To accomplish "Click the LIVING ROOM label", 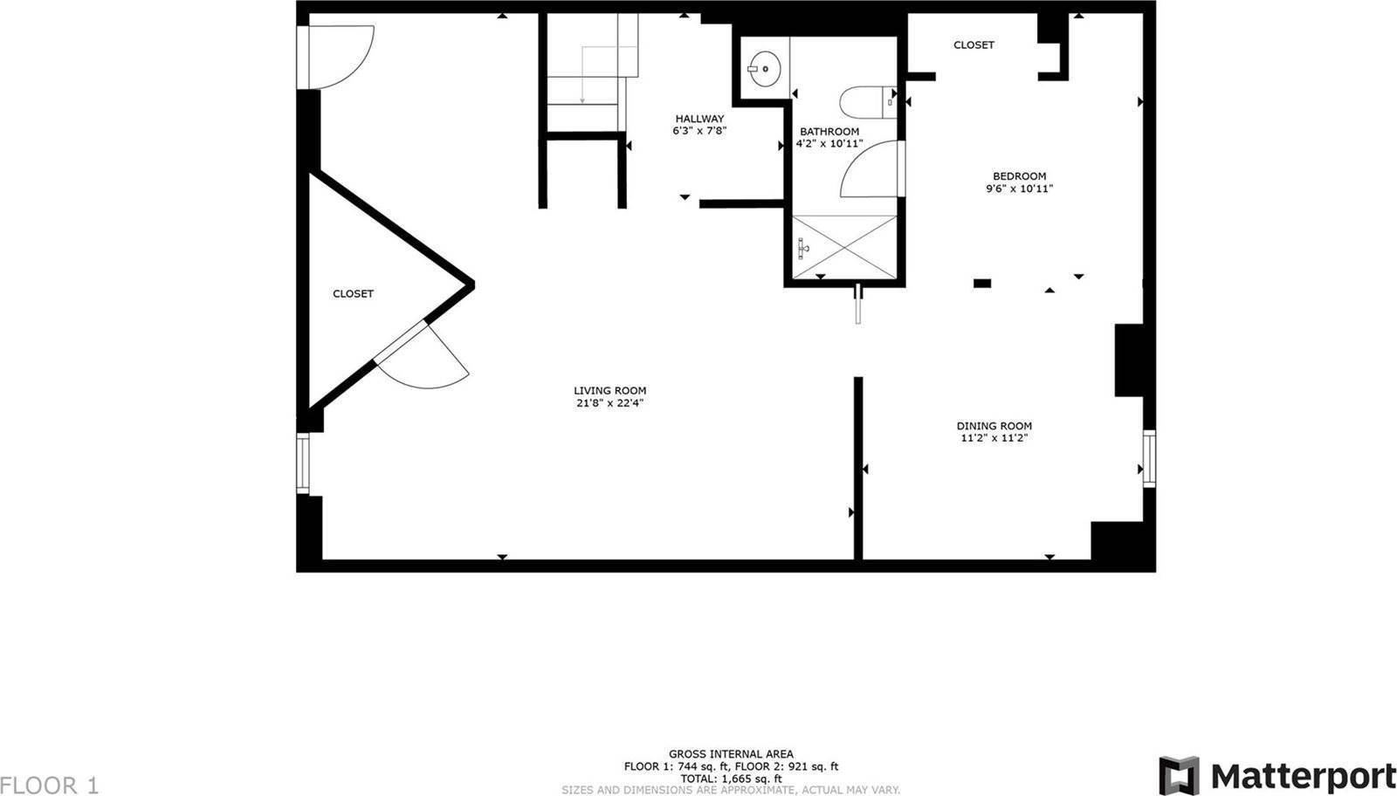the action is point(610,391).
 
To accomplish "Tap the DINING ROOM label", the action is point(994,426).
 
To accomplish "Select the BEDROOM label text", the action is point(1020,176).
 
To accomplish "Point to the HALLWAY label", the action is point(699,119).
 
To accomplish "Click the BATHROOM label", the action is point(829,132).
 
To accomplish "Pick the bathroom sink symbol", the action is point(765,69).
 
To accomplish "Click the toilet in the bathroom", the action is point(868,102).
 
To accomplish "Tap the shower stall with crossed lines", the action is point(844,248).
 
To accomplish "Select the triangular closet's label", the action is point(353,293).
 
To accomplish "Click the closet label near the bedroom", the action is point(974,45).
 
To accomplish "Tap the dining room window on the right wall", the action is point(1149,459).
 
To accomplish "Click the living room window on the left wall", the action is point(303,463).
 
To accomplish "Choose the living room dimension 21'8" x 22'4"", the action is point(610,403).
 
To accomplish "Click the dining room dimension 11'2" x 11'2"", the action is point(994,438).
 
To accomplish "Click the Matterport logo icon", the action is point(1179,775).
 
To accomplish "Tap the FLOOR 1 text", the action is point(49,786).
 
